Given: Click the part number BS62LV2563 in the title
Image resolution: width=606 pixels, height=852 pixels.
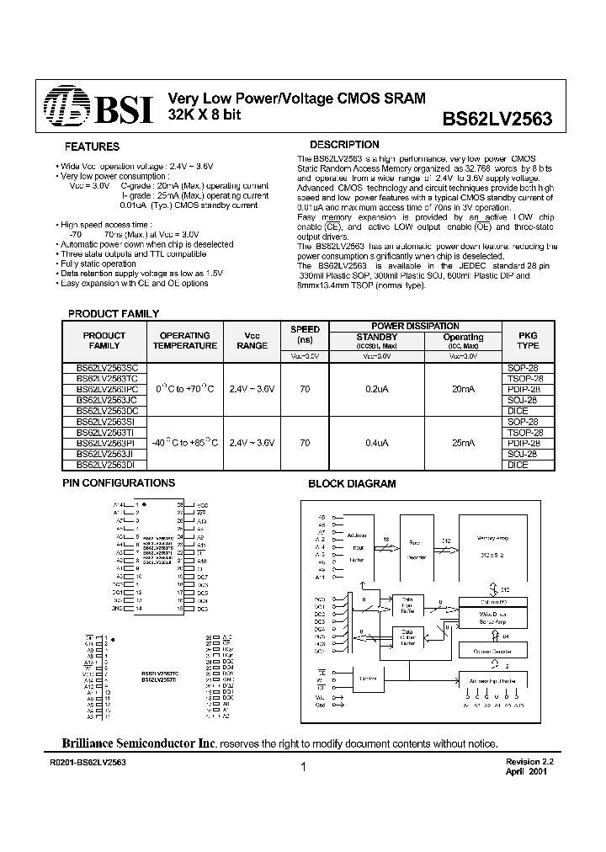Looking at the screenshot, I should pyautogui.click(x=497, y=120).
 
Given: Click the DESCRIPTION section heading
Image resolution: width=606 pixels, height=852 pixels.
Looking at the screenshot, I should pyautogui.click(x=344, y=145).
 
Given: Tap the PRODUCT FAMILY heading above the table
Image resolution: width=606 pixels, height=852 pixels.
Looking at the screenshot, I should pyautogui.click(x=113, y=313).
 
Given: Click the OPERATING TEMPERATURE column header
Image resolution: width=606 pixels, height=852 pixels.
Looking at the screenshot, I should pyautogui.click(x=184, y=340).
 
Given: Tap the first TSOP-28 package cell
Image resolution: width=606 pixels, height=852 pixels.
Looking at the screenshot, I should pyautogui.click(x=528, y=379).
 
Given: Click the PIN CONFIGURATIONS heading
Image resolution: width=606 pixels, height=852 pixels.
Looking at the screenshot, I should pyautogui.click(x=120, y=483).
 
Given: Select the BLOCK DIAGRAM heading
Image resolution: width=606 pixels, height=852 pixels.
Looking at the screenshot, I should pyautogui.click(x=352, y=484).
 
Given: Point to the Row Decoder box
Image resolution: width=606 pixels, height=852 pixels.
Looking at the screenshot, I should pyautogui.click(x=414, y=551).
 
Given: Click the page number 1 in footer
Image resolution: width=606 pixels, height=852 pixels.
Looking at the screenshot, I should pyautogui.click(x=301, y=767).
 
